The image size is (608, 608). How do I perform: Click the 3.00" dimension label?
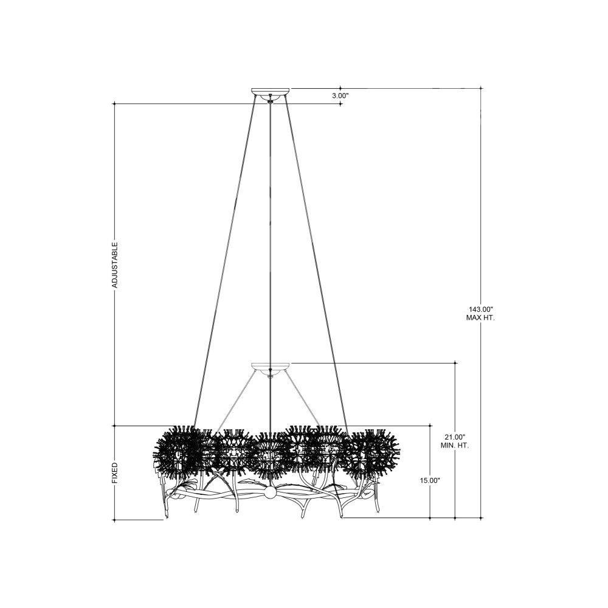pos(340,95)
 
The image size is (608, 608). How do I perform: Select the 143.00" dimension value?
pos(480,309)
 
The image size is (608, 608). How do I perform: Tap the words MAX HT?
pos(480,317)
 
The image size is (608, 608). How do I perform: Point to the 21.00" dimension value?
pos(454,437)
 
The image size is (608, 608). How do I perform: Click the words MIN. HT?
pos(454,446)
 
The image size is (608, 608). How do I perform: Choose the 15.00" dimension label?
pos(430,480)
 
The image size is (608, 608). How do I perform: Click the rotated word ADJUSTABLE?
pos(115,265)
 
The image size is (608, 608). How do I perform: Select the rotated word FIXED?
pos(115,472)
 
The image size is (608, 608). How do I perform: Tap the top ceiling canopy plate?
pos(271,92)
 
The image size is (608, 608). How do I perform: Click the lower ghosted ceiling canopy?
pos(271,366)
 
